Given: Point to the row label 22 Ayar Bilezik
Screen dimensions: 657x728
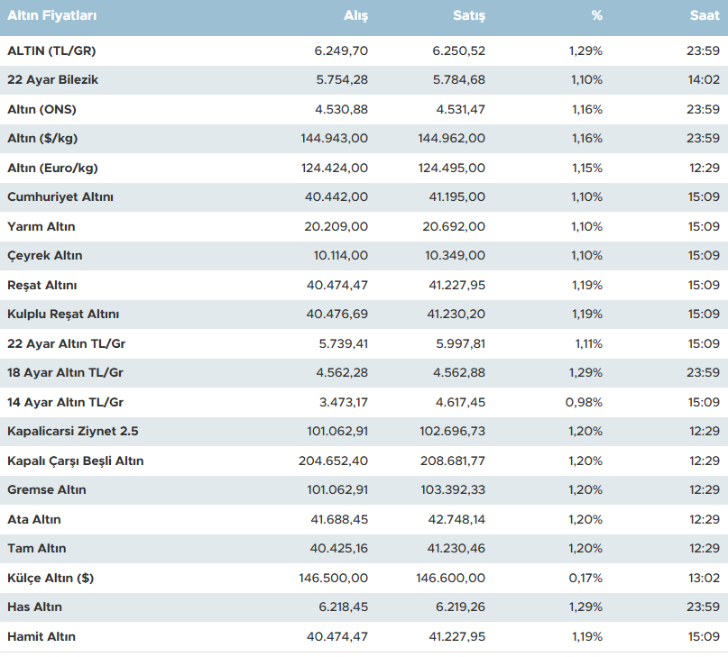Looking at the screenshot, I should pyautogui.click(x=52, y=80).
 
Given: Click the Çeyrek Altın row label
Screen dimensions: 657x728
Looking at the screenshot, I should pyautogui.click(x=44, y=256).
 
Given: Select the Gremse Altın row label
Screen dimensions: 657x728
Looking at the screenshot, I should pyautogui.click(x=47, y=490).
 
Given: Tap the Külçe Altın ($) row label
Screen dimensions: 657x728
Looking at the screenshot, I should pyautogui.click(x=53, y=578).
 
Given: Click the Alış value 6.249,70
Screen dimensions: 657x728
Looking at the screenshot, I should pyautogui.click(x=341, y=50).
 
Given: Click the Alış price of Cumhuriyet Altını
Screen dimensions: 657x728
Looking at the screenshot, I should pyautogui.click(x=337, y=197).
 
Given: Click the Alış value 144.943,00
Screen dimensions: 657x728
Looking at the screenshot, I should pyautogui.click(x=334, y=139).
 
